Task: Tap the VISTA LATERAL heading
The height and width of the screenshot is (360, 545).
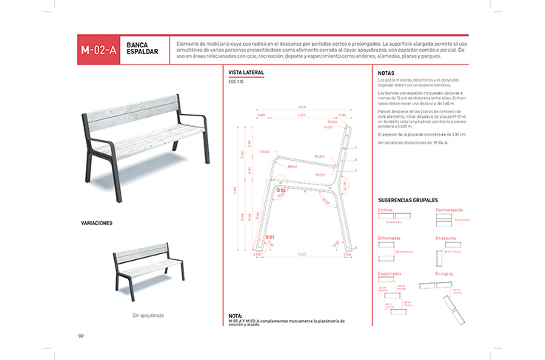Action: pos(247,73)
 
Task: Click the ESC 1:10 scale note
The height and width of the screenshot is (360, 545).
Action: pos(236,81)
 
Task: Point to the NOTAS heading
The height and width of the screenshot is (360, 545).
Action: pos(386,73)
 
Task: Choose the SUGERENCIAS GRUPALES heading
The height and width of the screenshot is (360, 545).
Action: pos(408,201)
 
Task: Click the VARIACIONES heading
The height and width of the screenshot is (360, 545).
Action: pos(96,222)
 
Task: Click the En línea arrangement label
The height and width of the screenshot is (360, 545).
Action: pos(385,211)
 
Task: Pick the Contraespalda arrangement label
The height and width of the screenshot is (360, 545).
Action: pos(449,211)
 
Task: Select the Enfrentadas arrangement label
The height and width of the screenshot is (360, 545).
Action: pos(389,239)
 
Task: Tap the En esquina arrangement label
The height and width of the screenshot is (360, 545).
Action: pos(446,239)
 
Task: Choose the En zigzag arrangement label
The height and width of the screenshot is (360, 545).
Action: pos(444,274)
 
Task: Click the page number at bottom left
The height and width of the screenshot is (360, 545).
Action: pos(80,336)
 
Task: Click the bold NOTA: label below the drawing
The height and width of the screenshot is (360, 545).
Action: pos(236,316)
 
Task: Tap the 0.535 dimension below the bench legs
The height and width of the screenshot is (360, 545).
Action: pos(303,254)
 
